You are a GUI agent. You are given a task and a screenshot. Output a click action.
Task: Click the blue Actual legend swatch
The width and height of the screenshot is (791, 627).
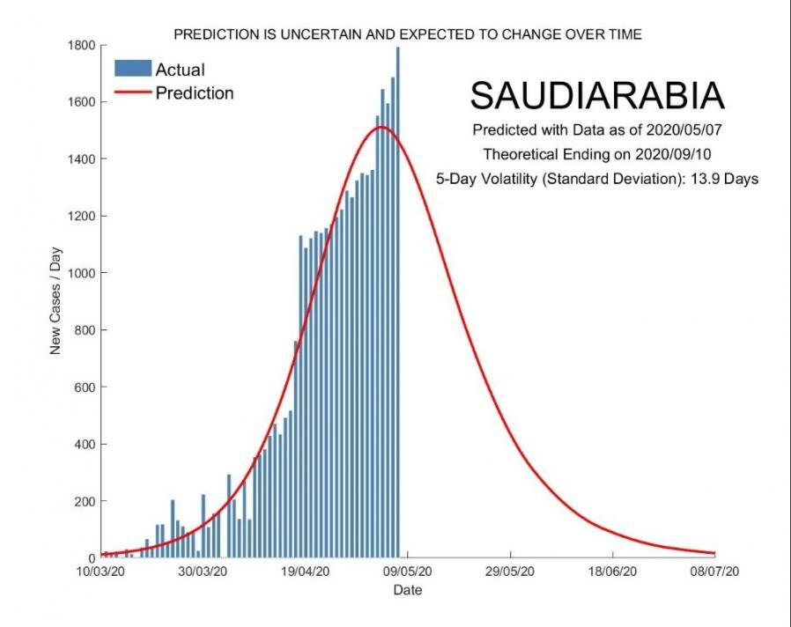(x=132, y=68)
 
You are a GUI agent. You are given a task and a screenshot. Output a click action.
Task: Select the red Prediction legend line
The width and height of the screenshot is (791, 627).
(x=132, y=92)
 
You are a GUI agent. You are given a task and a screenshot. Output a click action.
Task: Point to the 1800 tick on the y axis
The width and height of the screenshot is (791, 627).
(x=85, y=45)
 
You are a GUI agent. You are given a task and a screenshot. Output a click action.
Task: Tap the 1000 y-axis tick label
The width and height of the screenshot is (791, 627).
(x=85, y=273)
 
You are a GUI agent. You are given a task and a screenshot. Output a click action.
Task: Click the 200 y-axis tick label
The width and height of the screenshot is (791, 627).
(x=88, y=501)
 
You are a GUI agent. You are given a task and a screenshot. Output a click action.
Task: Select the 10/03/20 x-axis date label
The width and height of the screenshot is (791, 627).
(x=102, y=572)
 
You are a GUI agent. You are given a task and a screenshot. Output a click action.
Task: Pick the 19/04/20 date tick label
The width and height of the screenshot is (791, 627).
(x=306, y=572)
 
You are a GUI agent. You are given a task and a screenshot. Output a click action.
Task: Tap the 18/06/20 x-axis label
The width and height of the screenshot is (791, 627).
(x=611, y=572)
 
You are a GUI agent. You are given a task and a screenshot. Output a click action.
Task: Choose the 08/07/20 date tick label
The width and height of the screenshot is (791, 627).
(x=713, y=572)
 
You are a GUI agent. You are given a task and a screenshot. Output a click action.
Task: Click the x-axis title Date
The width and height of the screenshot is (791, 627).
(x=407, y=589)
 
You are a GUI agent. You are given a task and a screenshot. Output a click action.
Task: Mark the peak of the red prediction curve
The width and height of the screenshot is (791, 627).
(x=381, y=127)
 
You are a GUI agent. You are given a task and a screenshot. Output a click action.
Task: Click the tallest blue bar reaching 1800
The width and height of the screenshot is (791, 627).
(x=397, y=299)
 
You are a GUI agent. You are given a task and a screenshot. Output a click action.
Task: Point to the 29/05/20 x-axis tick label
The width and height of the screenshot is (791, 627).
(x=510, y=572)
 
